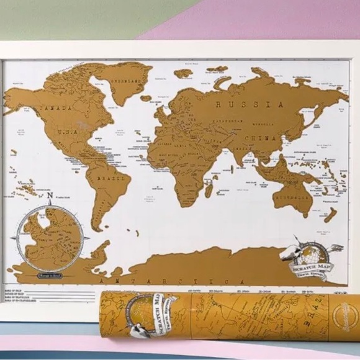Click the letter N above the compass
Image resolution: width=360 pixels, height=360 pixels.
pos(50,196)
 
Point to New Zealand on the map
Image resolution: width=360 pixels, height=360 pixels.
pos(330,214)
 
